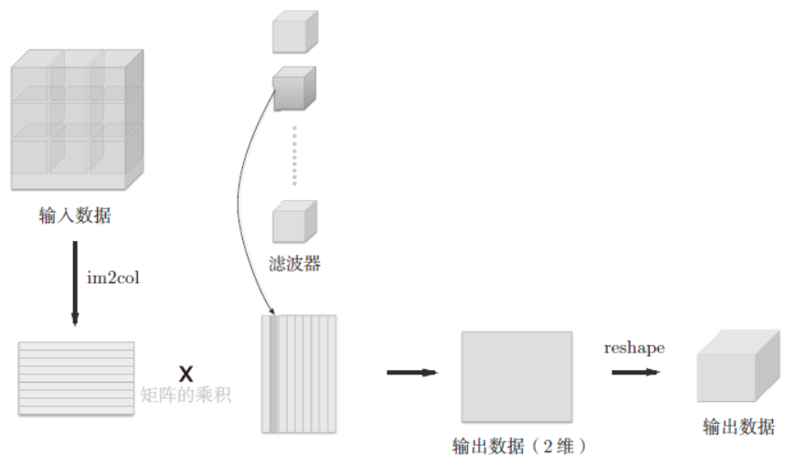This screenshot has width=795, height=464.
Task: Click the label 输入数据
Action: click(x=76, y=216)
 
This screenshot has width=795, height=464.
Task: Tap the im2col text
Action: click(x=113, y=278)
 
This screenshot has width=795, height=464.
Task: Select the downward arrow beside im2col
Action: click(x=75, y=283)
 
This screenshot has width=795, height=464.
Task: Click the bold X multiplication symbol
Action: click(x=185, y=373)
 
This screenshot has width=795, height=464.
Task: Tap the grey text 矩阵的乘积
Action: click(x=186, y=395)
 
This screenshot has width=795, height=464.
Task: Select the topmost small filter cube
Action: click(x=295, y=33)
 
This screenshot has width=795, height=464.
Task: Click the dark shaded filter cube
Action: click(x=295, y=89)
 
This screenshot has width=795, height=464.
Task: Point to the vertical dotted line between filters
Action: click(x=294, y=155)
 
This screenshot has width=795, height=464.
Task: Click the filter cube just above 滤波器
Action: click(x=295, y=222)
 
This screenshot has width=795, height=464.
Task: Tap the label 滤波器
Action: click(x=295, y=264)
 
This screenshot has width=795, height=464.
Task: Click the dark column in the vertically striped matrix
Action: click(x=272, y=373)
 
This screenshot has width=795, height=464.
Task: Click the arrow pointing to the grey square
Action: click(x=412, y=372)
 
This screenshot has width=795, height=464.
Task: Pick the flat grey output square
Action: click(x=516, y=375)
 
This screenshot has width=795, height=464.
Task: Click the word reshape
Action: click(x=634, y=348)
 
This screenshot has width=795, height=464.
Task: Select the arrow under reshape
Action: click(x=635, y=372)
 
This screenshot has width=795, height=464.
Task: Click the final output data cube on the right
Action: click(x=737, y=368)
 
